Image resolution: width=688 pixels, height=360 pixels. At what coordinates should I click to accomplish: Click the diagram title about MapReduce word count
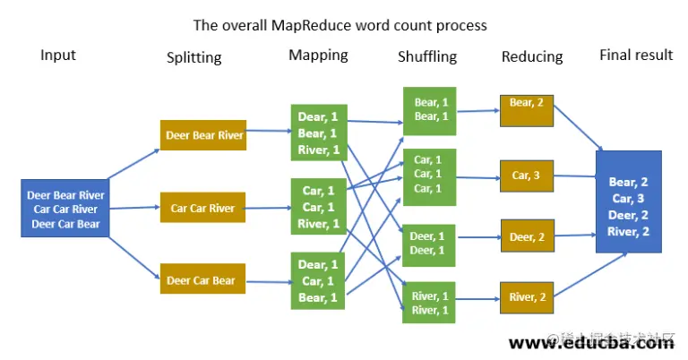(x=340, y=25)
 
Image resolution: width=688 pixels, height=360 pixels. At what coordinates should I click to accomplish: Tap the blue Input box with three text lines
(x=64, y=208)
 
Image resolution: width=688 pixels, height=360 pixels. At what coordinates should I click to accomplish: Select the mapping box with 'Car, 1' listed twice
(x=318, y=206)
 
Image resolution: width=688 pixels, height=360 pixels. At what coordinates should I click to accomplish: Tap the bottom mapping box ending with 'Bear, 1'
(x=318, y=280)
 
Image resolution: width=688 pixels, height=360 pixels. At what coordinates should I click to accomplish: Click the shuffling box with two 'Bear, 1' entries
(x=431, y=110)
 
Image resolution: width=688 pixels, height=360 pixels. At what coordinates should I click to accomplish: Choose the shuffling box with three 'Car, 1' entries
(x=431, y=174)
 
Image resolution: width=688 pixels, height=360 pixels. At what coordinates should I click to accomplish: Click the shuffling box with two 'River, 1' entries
(x=431, y=303)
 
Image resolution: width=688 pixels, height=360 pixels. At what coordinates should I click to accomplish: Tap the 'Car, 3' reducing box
(x=526, y=175)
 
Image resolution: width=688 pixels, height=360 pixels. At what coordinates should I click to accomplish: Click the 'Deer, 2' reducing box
(x=526, y=236)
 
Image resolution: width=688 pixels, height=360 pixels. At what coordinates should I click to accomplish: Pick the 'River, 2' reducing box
(x=526, y=296)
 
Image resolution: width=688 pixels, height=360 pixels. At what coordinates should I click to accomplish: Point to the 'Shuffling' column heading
(x=426, y=56)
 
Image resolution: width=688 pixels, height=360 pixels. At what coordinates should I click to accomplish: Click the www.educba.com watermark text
(x=591, y=342)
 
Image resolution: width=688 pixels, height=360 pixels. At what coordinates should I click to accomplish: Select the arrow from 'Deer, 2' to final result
(x=573, y=236)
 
